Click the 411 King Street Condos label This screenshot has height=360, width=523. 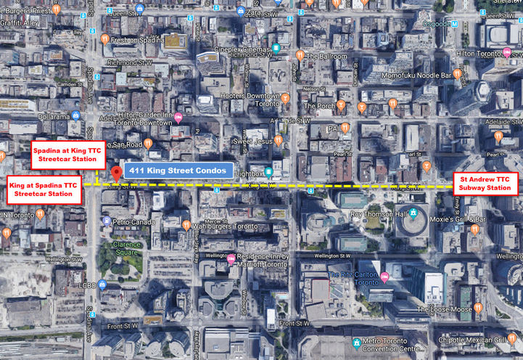point(178,171)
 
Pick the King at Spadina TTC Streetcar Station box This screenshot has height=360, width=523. point(43,192)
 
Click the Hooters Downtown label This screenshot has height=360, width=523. point(250,96)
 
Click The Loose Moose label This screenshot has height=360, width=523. point(444,309)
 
